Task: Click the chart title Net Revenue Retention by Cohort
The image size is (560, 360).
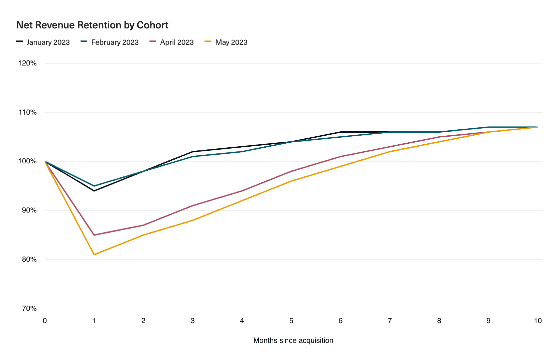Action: point(92,25)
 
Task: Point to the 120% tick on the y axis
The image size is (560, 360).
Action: point(27,63)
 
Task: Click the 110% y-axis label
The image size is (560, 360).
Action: point(27,112)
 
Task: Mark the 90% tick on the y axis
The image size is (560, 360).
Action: point(29,210)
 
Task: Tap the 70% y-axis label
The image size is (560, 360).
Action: point(29,308)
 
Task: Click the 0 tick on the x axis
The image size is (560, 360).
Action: point(45,321)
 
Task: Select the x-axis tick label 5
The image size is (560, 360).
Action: point(291,321)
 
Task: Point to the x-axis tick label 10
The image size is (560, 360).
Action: point(538,321)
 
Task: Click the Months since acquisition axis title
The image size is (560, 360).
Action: point(293,340)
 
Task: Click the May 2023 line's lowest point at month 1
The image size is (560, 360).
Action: point(94,255)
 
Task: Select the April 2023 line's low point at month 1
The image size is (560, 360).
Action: point(94,235)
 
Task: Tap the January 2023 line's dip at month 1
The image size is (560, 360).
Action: point(94,191)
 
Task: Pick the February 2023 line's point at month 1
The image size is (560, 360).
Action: point(94,186)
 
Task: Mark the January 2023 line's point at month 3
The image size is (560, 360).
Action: point(193,152)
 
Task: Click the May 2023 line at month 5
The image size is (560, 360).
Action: point(291,181)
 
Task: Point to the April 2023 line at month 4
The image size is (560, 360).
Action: point(242,191)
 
